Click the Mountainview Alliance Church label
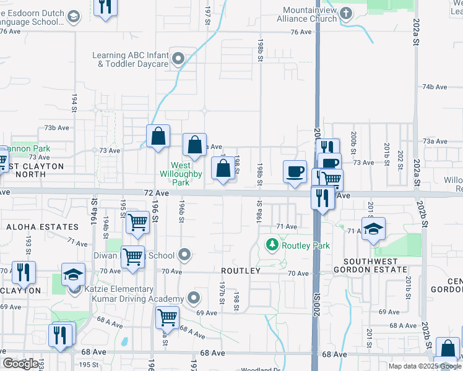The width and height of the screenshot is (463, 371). pyautogui.click(x=309, y=15)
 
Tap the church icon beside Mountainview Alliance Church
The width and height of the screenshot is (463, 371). pyautogui.click(x=345, y=12)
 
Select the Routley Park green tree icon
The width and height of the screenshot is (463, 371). pyautogui.click(x=272, y=245)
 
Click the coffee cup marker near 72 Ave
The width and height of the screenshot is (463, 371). pyautogui.click(x=295, y=171)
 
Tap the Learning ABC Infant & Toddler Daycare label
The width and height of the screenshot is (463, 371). pyautogui.click(x=130, y=59)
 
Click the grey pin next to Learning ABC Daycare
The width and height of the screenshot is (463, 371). pyautogui.click(x=179, y=60)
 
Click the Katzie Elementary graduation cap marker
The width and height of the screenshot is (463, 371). pyautogui.click(x=73, y=274)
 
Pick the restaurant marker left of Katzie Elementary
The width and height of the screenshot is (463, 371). pyautogui.click(x=24, y=272)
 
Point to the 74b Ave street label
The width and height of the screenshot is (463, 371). pyautogui.click(x=435, y=87)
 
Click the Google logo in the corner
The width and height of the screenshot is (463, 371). pyautogui.click(x=21, y=364)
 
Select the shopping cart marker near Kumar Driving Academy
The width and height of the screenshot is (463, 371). pyautogui.click(x=167, y=318)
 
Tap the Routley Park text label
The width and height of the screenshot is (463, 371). pyautogui.click(x=306, y=245)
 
